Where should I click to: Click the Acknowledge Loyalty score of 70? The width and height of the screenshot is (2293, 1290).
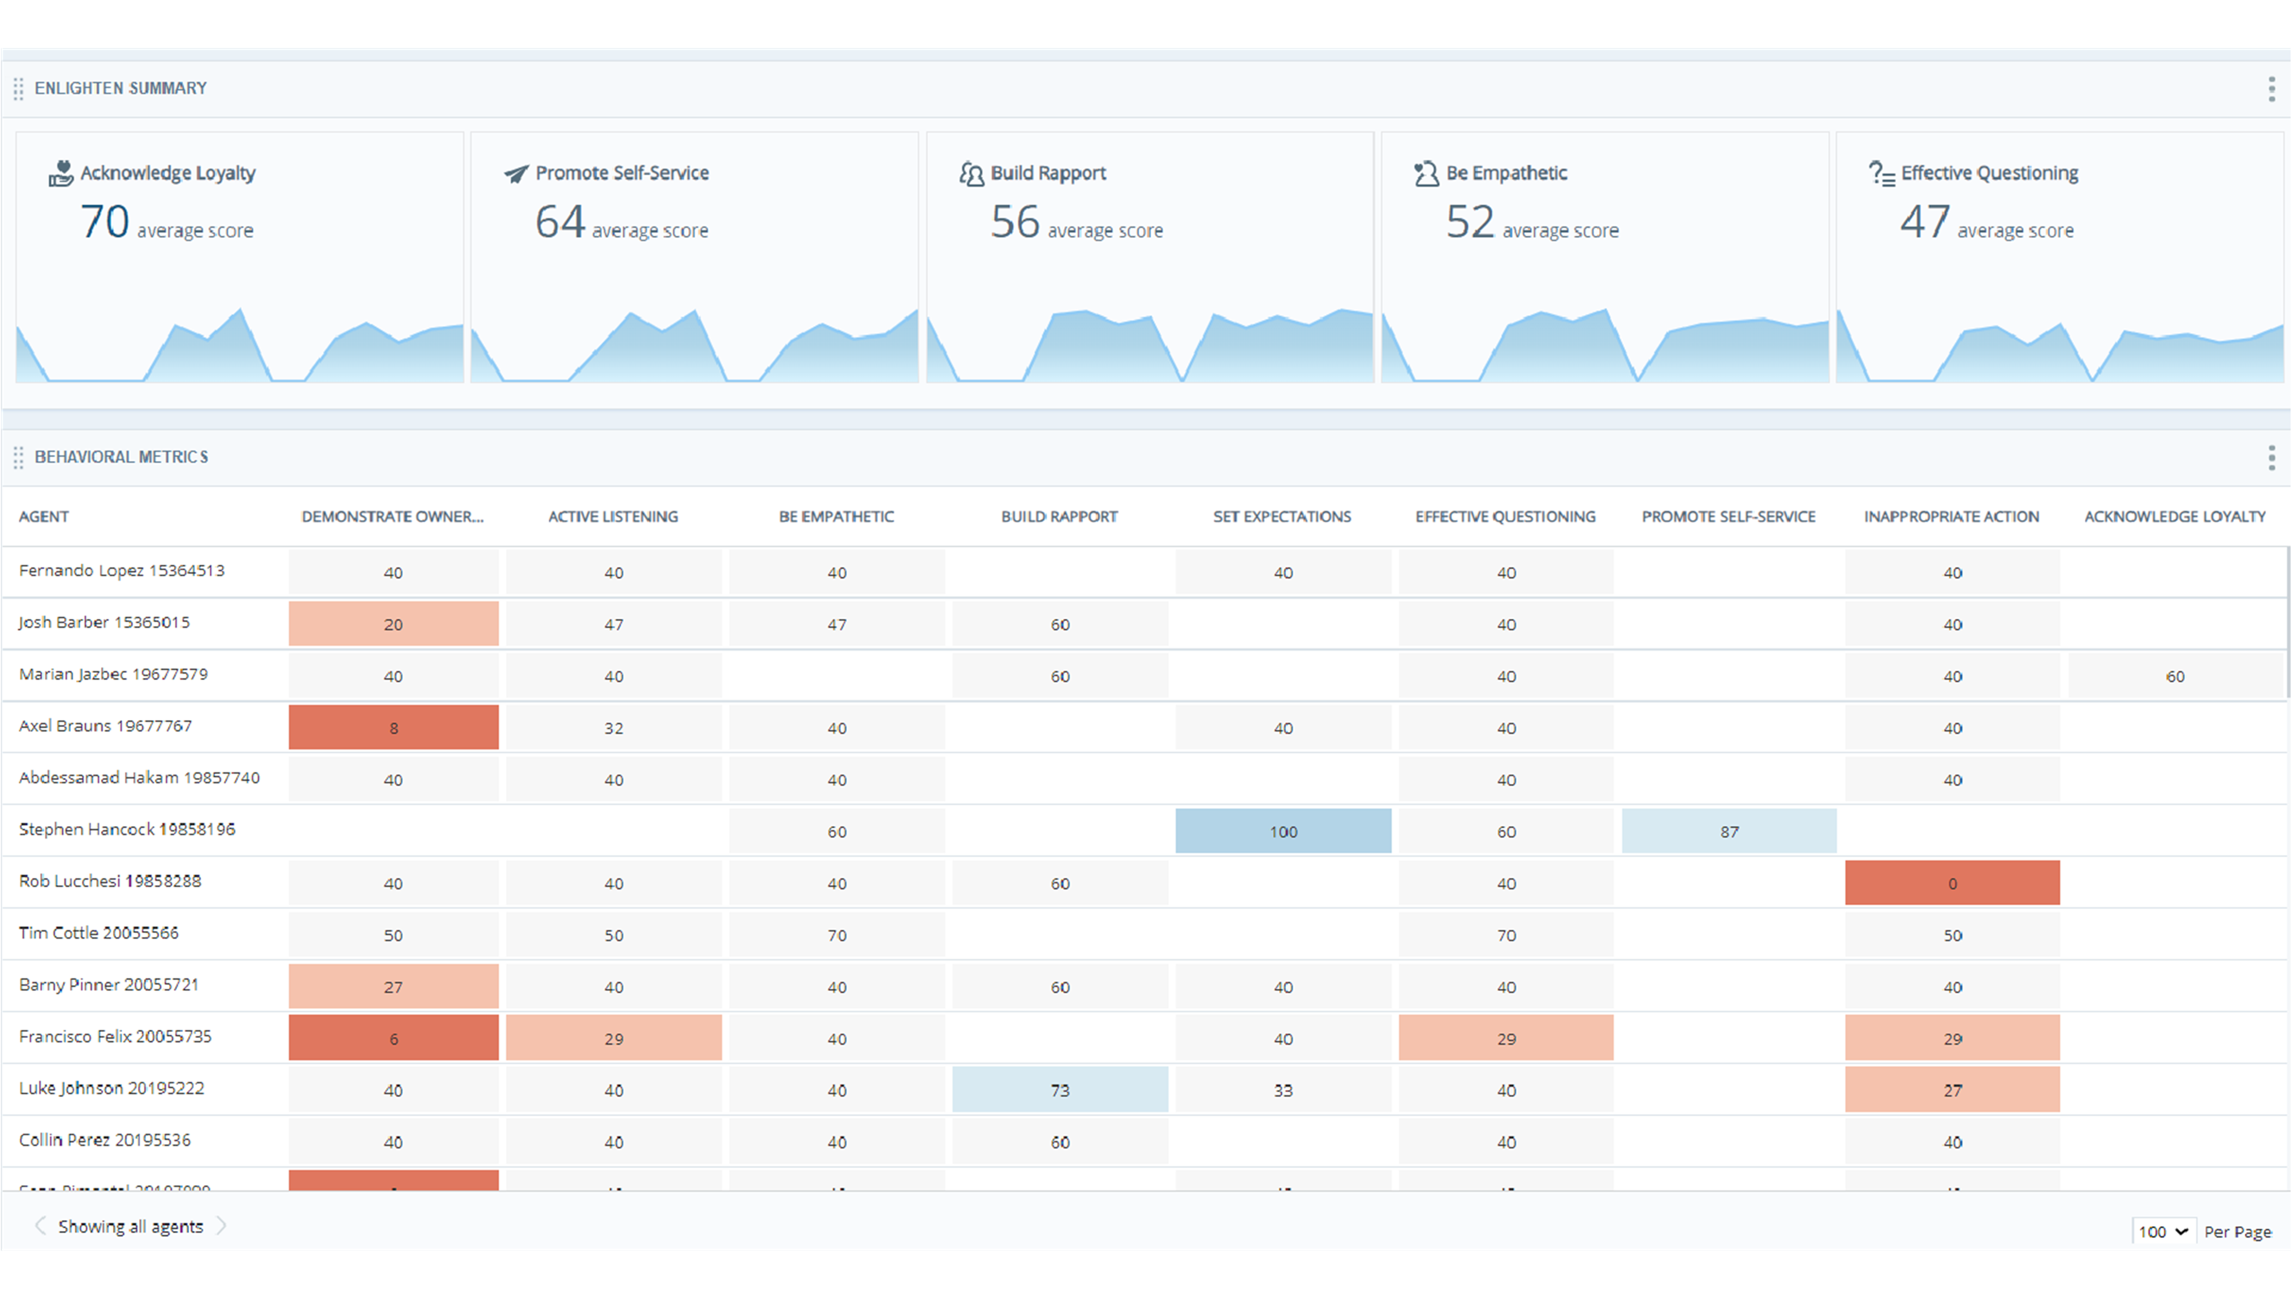pyautogui.click(x=105, y=222)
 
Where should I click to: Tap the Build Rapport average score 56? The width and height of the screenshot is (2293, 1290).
pyautogui.click(x=1015, y=222)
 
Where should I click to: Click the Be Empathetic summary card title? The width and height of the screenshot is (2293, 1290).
pyautogui.click(x=1506, y=173)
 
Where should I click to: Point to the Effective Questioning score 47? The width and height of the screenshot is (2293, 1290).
pyautogui.click(x=1925, y=222)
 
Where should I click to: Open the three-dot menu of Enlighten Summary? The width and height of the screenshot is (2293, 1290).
pyautogui.click(x=2272, y=88)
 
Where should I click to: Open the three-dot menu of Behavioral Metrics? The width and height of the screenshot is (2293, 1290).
pyautogui.click(x=2272, y=457)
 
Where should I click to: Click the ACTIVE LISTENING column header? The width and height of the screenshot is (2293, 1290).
pyautogui.click(x=613, y=517)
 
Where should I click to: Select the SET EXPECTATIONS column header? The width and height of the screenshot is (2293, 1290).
pyautogui.click(x=1282, y=517)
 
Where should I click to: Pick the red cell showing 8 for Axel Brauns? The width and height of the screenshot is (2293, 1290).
pyautogui.click(x=394, y=727)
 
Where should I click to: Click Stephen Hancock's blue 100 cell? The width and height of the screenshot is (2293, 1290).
pyautogui.click(x=1283, y=831)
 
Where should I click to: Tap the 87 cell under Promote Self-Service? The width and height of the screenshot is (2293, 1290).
pyautogui.click(x=1729, y=831)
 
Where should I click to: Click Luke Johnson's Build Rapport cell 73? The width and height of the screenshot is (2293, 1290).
pyautogui.click(x=1059, y=1090)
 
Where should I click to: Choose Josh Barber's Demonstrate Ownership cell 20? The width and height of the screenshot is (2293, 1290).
pyautogui.click(x=394, y=624)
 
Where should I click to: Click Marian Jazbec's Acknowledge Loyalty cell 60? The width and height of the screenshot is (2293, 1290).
pyautogui.click(x=2175, y=675)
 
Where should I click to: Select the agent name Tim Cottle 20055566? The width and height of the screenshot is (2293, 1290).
pyautogui.click(x=99, y=933)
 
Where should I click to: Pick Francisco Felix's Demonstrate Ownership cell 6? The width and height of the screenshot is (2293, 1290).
pyautogui.click(x=394, y=1038)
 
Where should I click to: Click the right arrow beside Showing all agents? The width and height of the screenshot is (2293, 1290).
pyautogui.click(x=222, y=1226)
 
